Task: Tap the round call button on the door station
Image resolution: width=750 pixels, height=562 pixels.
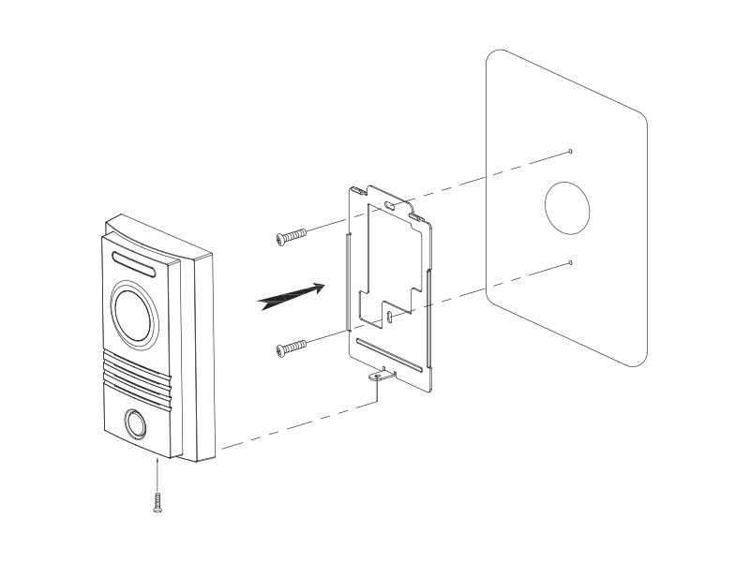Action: point(134,424)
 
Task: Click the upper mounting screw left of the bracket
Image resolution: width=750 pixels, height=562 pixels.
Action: point(292,237)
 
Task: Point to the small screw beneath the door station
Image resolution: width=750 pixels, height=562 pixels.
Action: point(157,502)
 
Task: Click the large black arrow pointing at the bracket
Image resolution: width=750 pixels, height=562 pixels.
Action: point(292,296)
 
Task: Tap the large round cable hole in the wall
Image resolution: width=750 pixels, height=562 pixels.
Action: point(568,207)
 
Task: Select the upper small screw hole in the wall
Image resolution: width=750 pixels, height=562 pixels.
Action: point(571,151)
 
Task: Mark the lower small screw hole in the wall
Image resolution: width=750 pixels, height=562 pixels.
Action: point(571,263)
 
